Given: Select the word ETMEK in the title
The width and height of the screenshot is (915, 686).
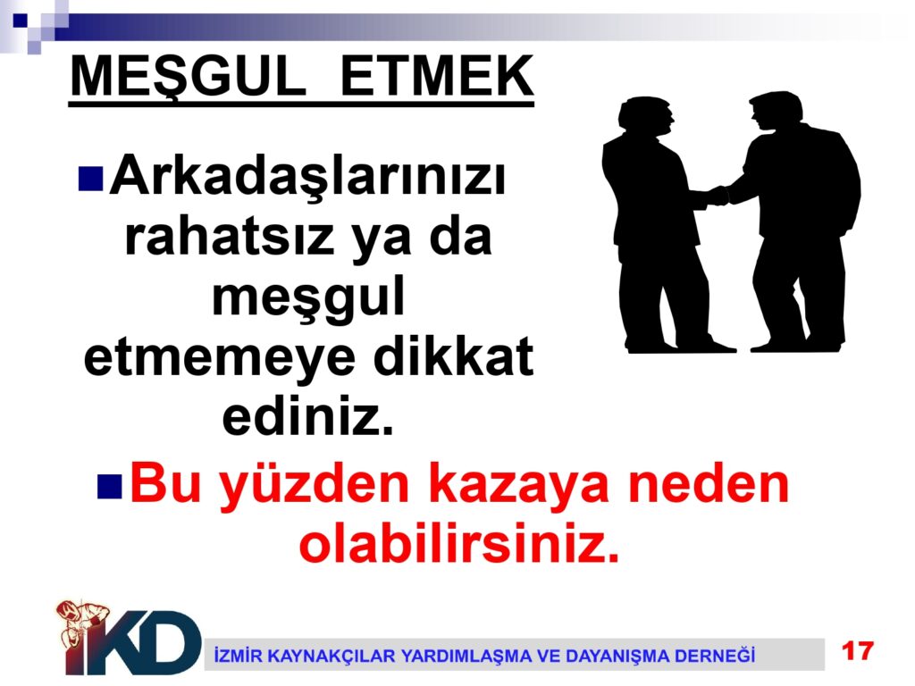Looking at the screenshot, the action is pos(436,77).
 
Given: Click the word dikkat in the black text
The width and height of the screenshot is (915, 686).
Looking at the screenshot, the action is pos(453,356).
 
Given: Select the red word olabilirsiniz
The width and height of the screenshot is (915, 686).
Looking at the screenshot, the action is pos(458,543).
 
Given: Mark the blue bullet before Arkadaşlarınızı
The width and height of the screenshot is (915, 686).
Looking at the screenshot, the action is pos(90,179).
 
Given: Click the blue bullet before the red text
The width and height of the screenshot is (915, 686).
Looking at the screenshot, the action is pos(109,487).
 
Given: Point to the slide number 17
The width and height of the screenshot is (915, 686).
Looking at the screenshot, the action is pos(857,651).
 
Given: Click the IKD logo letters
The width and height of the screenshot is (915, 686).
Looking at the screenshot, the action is pos(133,641).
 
